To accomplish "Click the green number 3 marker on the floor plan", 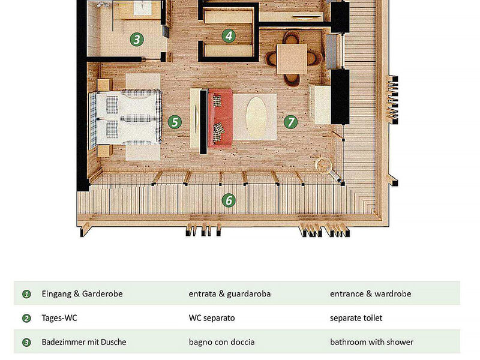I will pos(137,40).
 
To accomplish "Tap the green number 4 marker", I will pos(228,35).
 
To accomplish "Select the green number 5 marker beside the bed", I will pos(175,122).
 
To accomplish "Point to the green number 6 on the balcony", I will pos(228,200).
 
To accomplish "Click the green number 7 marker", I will pos(290,122).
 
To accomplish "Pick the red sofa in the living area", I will pos(220,117).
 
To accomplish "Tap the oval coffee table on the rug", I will pos(254,116).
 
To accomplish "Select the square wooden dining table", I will pos(292,58).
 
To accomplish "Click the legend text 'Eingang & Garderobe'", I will pos(82,294).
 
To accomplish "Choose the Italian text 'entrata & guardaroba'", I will pos(229,294).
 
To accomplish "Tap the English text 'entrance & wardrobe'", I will pos(370,294).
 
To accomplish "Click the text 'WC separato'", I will pos(212,318).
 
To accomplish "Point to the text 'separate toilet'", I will pos(356,318).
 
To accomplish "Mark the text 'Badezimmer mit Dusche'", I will pos(84,342).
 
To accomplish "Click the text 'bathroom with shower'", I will pos(371,342).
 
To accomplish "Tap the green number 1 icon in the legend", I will pos(26,295).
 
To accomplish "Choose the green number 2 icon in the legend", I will pos(26,319).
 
